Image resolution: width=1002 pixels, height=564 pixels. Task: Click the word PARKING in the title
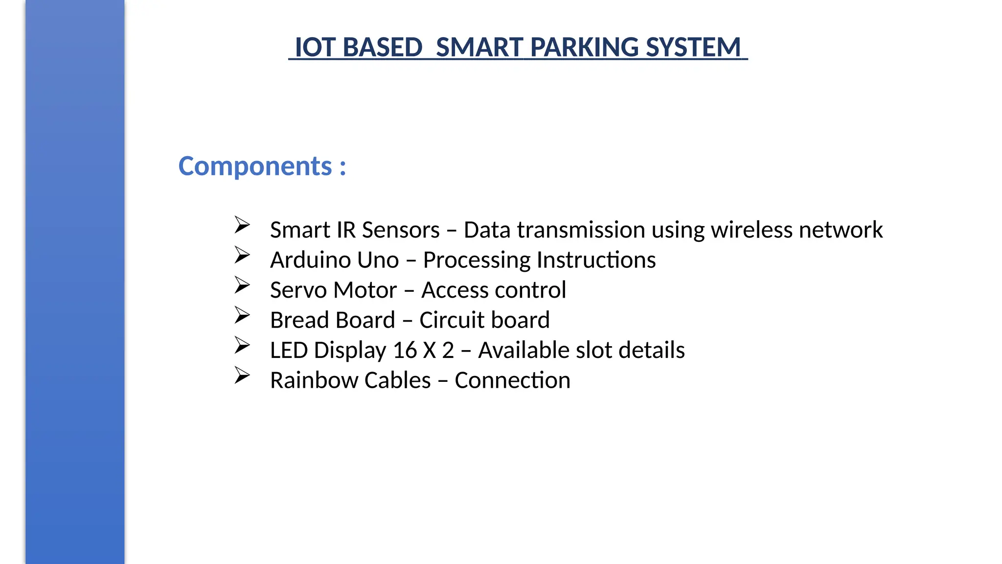pyautogui.click(x=585, y=47)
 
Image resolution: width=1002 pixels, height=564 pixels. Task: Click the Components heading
pyautogui.click(x=262, y=166)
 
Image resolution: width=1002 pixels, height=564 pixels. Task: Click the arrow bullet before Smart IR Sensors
pyautogui.click(x=242, y=225)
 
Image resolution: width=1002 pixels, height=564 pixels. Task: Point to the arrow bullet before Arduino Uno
pyautogui.click(x=242, y=255)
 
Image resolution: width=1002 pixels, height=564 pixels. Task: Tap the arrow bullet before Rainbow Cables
pyautogui.click(x=242, y=376)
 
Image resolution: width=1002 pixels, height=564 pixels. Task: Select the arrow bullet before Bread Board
pyautogui.click(x=242, y=315)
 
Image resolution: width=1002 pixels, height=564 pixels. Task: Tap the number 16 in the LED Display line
pyautogui.click(x=405, y=351)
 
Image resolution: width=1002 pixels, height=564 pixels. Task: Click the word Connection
pyautogui.click(x=512, y=380)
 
